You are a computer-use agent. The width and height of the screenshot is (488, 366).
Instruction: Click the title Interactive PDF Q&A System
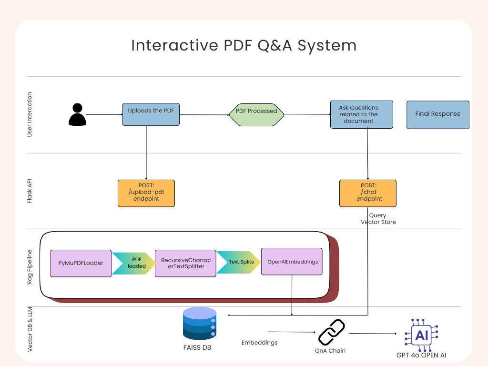click(244, 45)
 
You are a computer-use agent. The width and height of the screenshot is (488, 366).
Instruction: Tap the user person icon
click(77, 114)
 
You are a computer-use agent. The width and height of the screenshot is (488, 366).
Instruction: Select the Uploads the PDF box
click(151, 114)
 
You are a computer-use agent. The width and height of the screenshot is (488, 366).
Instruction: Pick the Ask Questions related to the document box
click(362, 114)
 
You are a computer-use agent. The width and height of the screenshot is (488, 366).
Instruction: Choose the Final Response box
click(438, 114)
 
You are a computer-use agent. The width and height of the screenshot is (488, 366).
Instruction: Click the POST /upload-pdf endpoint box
click(146, 193)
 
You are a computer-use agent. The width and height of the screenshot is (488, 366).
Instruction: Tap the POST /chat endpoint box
click(368, 193)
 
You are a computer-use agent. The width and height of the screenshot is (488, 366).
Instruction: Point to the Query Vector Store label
click(378, 219)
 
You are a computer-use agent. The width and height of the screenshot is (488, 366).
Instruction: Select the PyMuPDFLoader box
click(81, 263)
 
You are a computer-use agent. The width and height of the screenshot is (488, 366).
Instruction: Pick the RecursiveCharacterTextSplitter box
click(185, 263)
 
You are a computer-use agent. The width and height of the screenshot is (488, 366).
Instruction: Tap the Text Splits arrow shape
click(239, 262)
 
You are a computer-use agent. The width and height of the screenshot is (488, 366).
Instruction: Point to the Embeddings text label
click(259, 343)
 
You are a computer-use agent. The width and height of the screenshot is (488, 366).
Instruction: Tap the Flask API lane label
click(30, 191)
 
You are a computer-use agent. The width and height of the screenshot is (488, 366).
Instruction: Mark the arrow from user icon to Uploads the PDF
click(104, 114)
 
